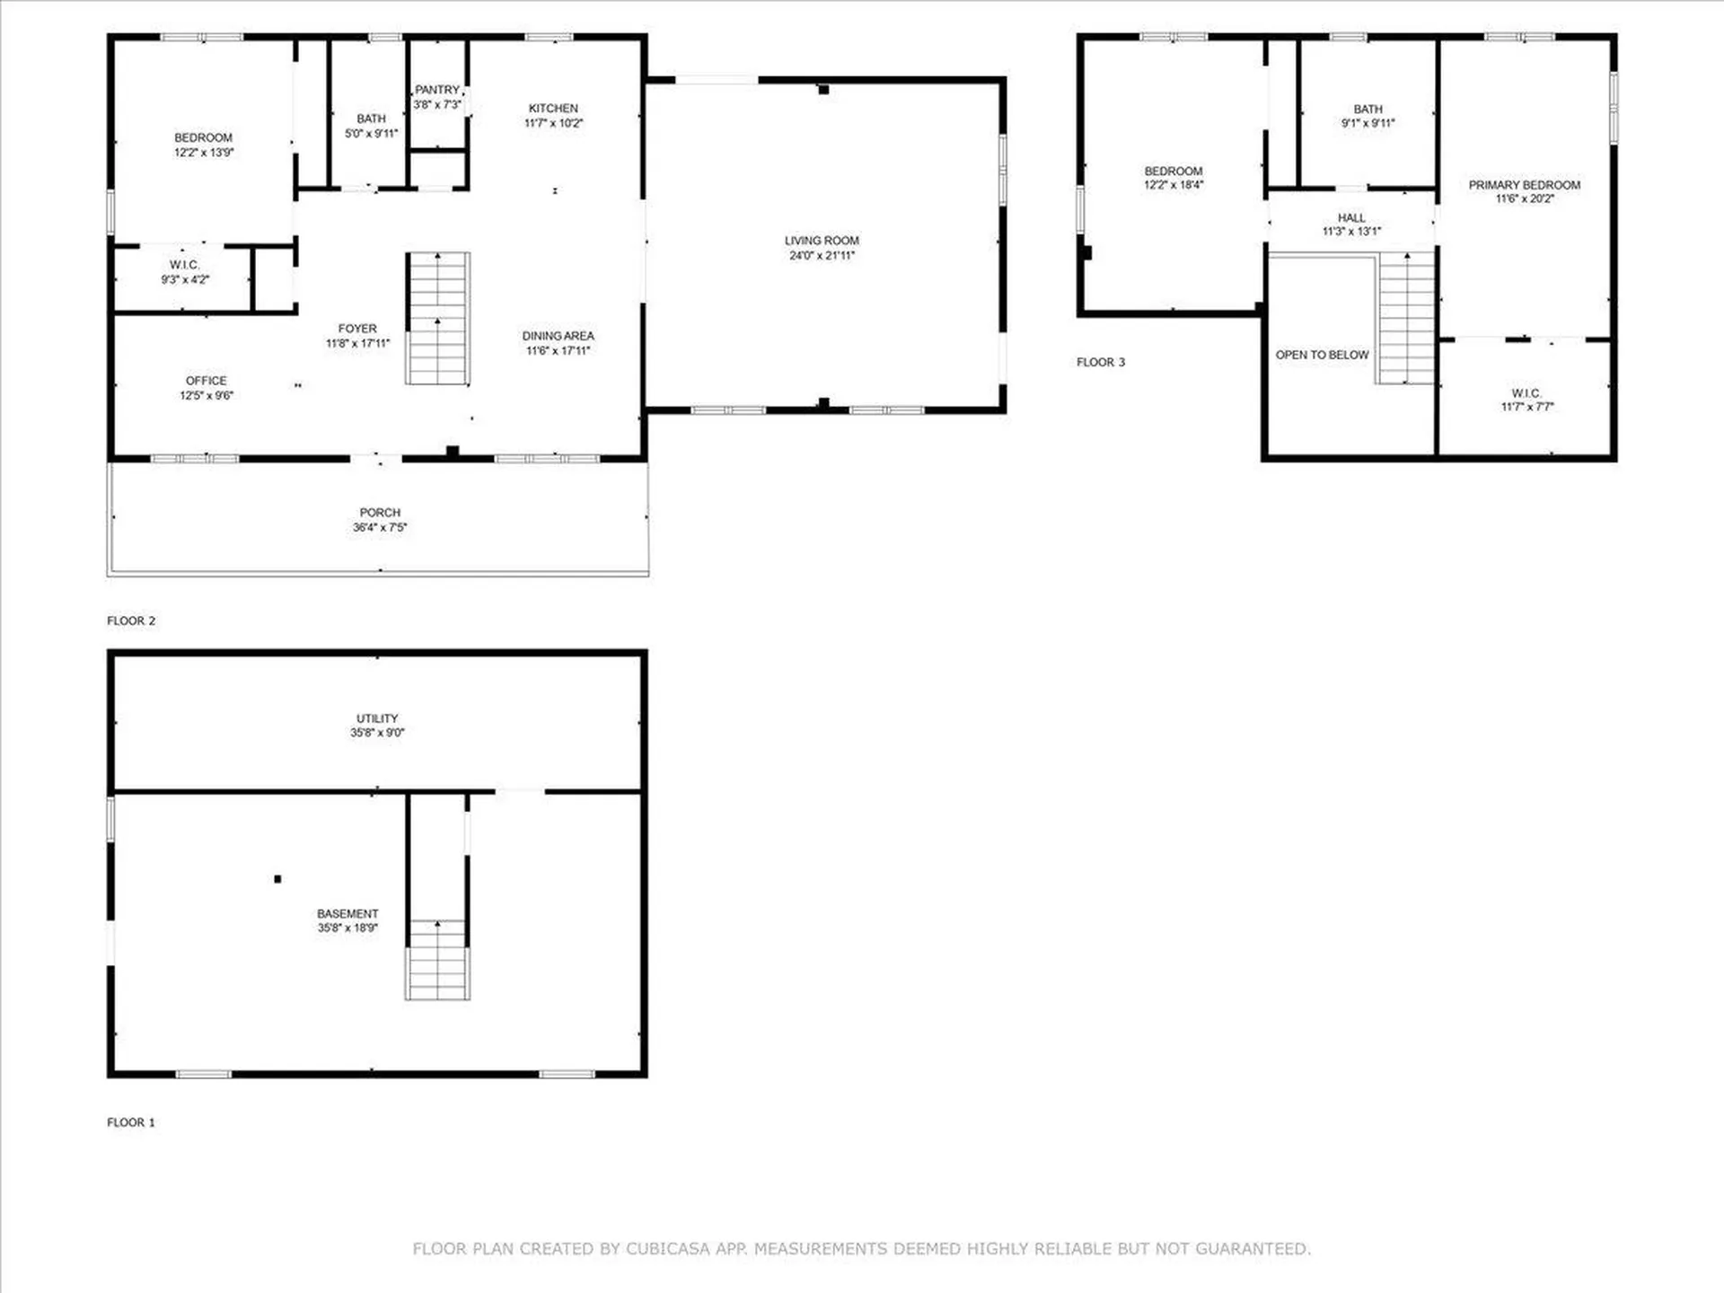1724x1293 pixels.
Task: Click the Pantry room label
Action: (437, 90)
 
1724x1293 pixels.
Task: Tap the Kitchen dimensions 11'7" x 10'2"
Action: (553, 123)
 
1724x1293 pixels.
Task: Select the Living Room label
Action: (822, 241)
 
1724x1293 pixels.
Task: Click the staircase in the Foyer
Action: (438, 319)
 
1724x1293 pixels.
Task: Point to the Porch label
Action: (380, 513)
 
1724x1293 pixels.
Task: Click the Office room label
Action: (207, 381)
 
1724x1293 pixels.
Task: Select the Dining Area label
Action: (558, 336)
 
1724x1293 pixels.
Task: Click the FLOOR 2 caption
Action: (131, 620)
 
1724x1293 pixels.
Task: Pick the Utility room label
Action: (377, 718)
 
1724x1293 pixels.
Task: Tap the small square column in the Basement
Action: (277, 879)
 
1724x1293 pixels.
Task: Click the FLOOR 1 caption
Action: (131, 1122)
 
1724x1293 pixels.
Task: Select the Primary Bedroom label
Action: (1524, 185)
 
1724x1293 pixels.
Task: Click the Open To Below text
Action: (1322, 355)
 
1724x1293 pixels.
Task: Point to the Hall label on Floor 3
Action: (1351, 218)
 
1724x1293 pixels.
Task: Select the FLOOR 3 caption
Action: (1101, 362)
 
